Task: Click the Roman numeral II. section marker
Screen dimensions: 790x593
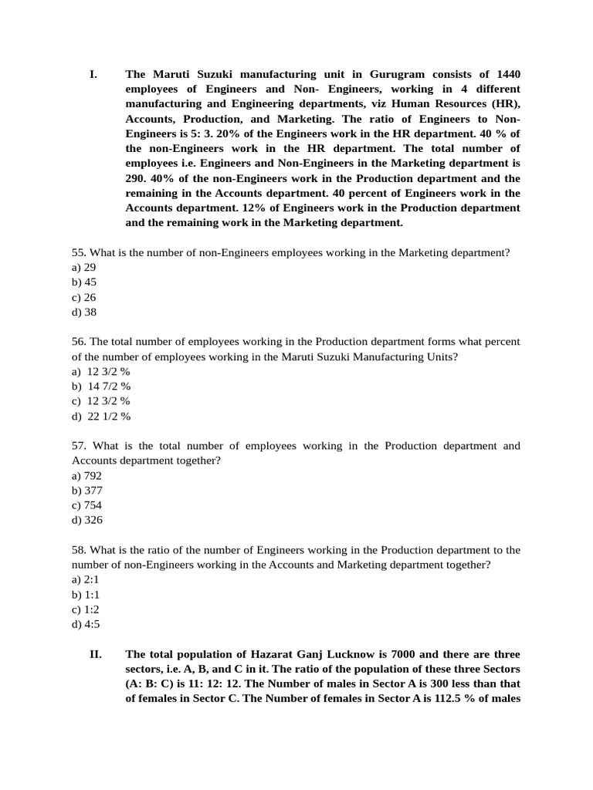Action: coord(96,654)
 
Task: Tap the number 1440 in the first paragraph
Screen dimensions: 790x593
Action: coord(507,75)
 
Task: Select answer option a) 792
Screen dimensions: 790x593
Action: coord(86,476)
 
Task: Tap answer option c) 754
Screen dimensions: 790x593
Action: coord(86,505)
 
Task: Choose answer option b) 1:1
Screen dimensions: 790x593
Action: coord(86,595)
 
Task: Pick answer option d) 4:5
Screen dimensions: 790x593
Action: coord(86,624)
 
